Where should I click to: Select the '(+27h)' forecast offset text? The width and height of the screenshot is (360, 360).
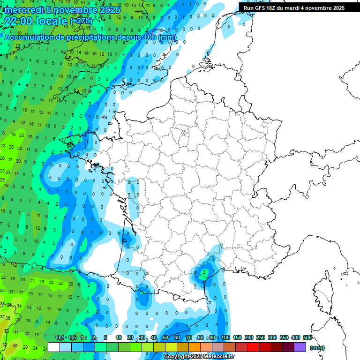coord(81,22)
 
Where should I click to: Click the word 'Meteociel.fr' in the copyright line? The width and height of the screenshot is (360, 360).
coord(214,357)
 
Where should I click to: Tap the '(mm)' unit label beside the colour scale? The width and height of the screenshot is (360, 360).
coord(317,348)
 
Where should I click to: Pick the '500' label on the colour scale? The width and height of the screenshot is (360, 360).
coord(307,338)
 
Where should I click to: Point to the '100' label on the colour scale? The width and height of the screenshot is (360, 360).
coord(225,338)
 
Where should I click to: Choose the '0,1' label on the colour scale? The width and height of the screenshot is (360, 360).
coord(60,338)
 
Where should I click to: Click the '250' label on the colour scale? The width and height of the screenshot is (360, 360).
coord(261,338)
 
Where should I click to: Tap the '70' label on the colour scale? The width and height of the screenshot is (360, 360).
coord(188,338)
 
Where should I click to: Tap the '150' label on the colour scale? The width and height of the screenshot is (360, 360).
coord(237,338)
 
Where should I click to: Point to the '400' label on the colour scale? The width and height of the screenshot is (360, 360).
coord(296,338)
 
